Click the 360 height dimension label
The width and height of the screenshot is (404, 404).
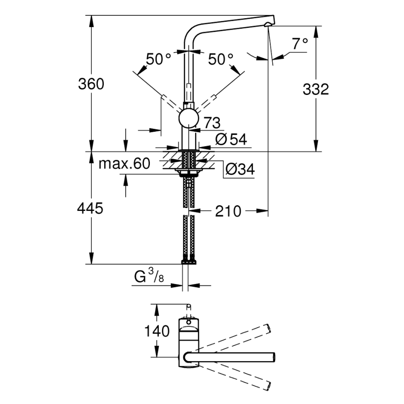tap(91, 84)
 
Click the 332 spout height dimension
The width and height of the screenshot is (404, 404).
tap(316, 89)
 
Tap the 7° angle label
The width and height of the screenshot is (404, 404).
tap(300, 44)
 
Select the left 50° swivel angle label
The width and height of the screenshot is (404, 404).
tap(159, 59)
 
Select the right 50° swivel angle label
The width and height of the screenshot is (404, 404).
tap(221, 59)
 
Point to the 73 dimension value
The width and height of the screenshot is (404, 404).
tap(212, 123)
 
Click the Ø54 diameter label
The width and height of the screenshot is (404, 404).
tap(231, 139)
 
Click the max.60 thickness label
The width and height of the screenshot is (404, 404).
tap(125, 164)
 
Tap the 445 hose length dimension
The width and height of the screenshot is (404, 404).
tap(90, 209)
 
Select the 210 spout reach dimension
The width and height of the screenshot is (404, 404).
tap(228, 211)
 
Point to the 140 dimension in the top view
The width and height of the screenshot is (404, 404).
tap(157, 332)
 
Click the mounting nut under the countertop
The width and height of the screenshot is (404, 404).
tap(189, 173)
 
